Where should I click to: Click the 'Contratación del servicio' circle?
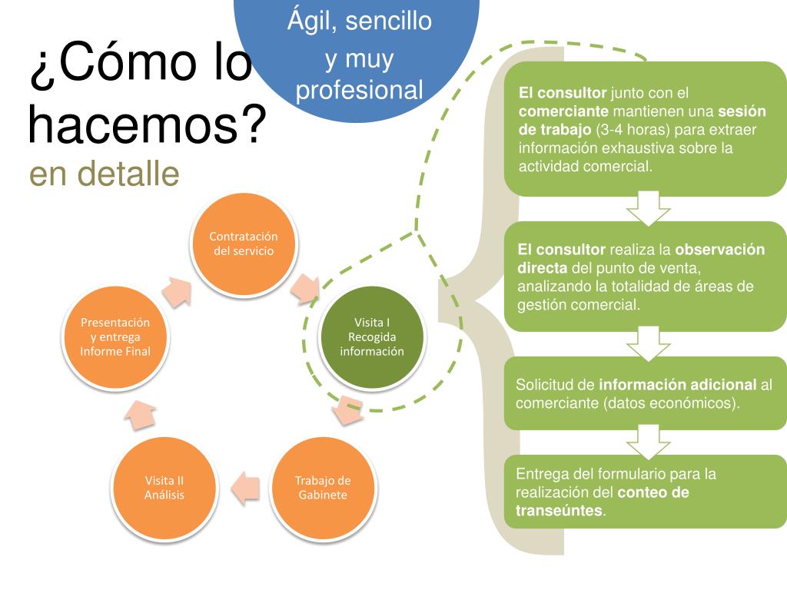pos(244,244)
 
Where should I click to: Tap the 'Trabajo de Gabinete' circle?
pos(323,488)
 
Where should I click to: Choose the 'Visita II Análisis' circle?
pos(164,488)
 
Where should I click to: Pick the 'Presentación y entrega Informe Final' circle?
pos(115,336)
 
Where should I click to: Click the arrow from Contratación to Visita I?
pos(306,286)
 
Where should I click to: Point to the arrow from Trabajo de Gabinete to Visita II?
pos(244,488)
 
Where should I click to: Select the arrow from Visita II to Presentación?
pos(139,415)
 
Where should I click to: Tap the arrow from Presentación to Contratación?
pos(177,291)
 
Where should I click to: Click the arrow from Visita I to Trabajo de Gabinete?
pos(347,409)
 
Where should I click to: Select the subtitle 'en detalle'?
pos(105,174)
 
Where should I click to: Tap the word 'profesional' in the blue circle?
pos(360,91)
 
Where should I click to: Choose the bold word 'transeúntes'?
pos(560,511)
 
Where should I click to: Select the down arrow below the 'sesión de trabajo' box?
pos(649,208)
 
